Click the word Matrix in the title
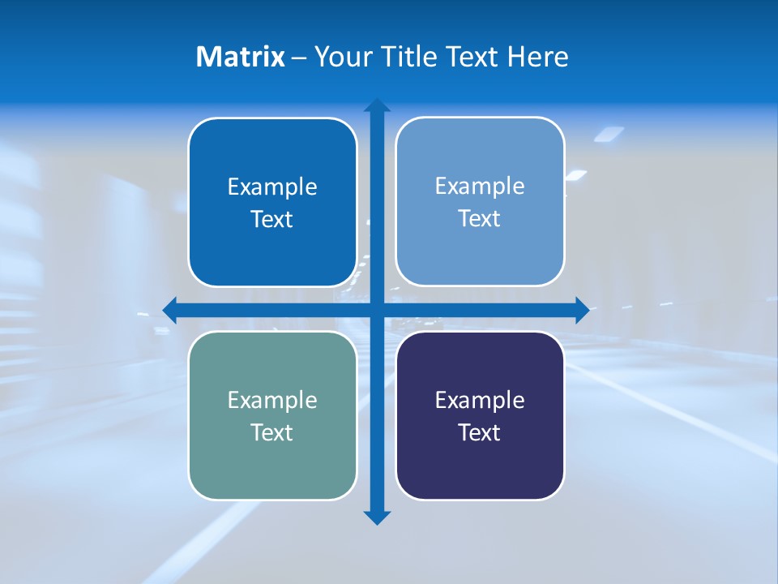tap(240, 57)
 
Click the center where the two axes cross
tap(377, 310)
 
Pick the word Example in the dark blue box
tap(272, 187)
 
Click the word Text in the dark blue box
tap(272, 220)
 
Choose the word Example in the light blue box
tap(480, 187)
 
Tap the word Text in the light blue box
tap(480, 219)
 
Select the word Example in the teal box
tap(272, 400)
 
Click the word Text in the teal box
tap(272, 432)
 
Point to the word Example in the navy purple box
tap(480, 400)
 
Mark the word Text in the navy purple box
tap(480, 432)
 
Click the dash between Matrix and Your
tap(299, 58)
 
